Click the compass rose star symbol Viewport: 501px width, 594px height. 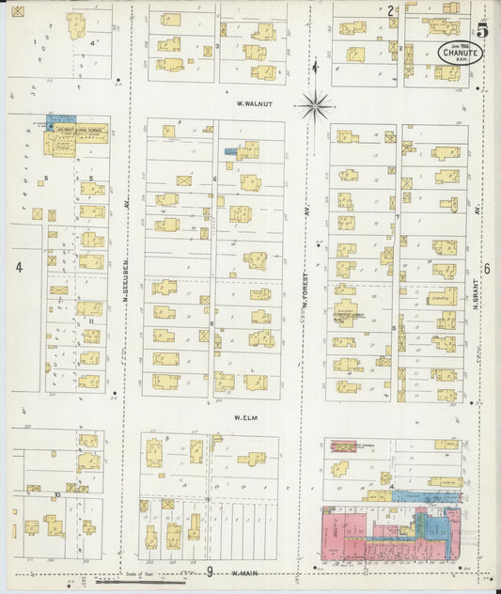click(x=317, y=104)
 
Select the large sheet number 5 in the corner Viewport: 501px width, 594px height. click(x=481, y=28)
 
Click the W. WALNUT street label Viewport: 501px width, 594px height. click(x=253, y=104)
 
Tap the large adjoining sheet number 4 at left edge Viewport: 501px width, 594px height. click(x=18, y=267)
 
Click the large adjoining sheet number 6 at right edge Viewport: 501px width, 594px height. click(x=487, y=269)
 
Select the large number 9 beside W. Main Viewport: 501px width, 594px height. click(x=210, y=571)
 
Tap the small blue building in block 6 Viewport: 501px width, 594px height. click(x=230, y=150)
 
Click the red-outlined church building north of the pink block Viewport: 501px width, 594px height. click(x=339, y=468)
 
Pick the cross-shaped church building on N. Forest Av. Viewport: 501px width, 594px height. click(x=345, y=316)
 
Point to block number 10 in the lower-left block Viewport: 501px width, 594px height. click(x=57, y=493)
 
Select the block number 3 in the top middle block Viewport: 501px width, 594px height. click(x=219, y=45)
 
